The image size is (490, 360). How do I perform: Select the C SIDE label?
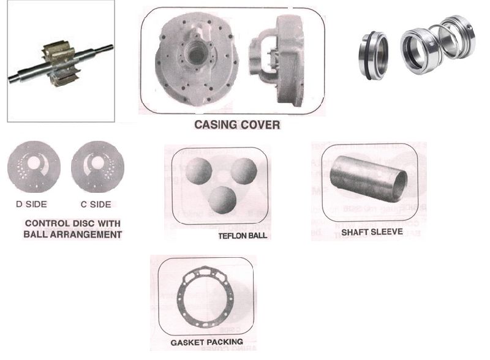tap(97, 204)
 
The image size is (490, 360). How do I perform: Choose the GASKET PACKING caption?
tap(206, 341)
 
